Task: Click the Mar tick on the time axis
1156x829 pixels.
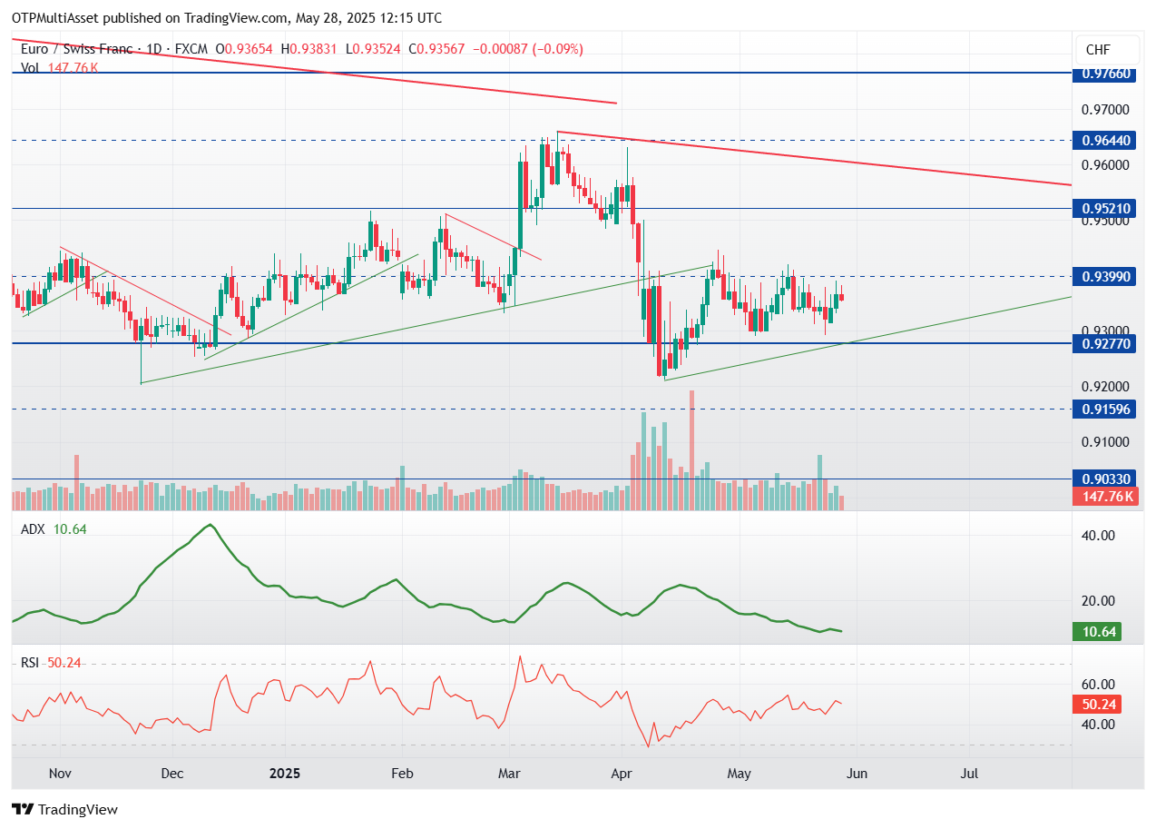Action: [509, 774]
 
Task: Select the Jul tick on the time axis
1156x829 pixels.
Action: [970, 774]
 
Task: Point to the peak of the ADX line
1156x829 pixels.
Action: [211, 525]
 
